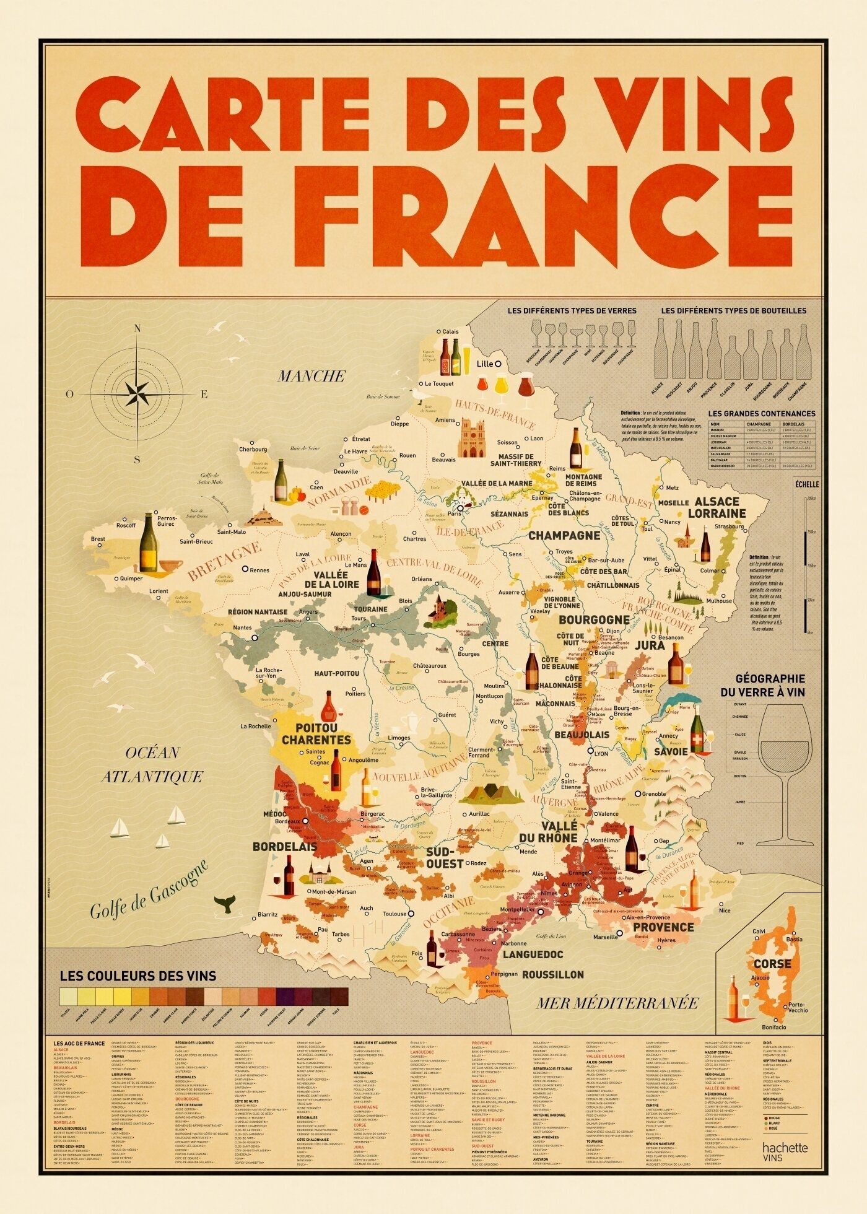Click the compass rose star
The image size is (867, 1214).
pyautogui.click(x=137, y=393)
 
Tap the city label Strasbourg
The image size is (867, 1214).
pyautogui.click(x=729, y=526)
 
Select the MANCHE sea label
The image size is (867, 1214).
pyautogui.click(x=311, y=376)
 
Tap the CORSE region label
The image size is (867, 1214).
pyautogui.click(x=772, y=964)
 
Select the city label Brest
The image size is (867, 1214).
pyautogui.click(x=98, y=539)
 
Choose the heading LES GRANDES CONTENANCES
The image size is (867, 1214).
pyautogui.click(x=762, y=414)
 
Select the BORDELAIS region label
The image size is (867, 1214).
pyautogui.click(x=284, y=847)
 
